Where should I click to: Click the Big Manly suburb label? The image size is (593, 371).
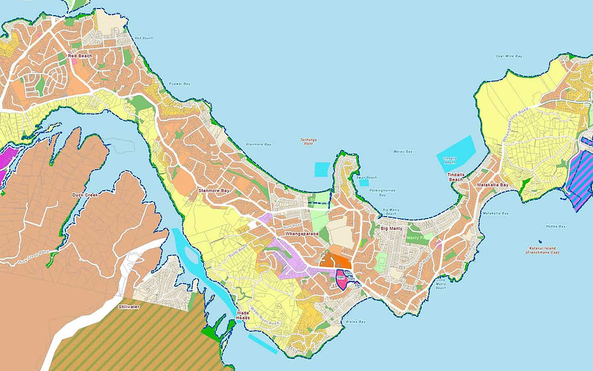pos(392,229)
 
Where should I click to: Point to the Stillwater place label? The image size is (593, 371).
pos(130,307)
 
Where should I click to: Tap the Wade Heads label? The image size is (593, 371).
pos(243,315)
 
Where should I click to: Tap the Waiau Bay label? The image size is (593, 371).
pos(402,151)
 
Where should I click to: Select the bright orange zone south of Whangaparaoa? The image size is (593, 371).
pos(336,261)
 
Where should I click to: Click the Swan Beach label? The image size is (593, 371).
pos(367,178)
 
